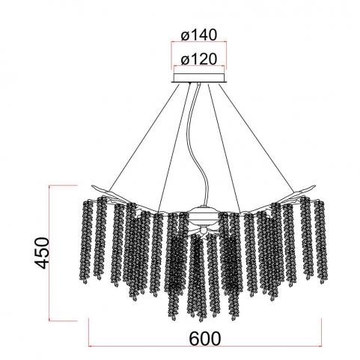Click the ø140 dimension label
pos(199,34)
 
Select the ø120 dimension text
pos(199,59)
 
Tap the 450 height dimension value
pos(41,253)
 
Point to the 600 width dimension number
pos(205,338)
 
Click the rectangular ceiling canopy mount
pos(199,78)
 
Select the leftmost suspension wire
pos(144,137)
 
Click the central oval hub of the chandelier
pos(201,215)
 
